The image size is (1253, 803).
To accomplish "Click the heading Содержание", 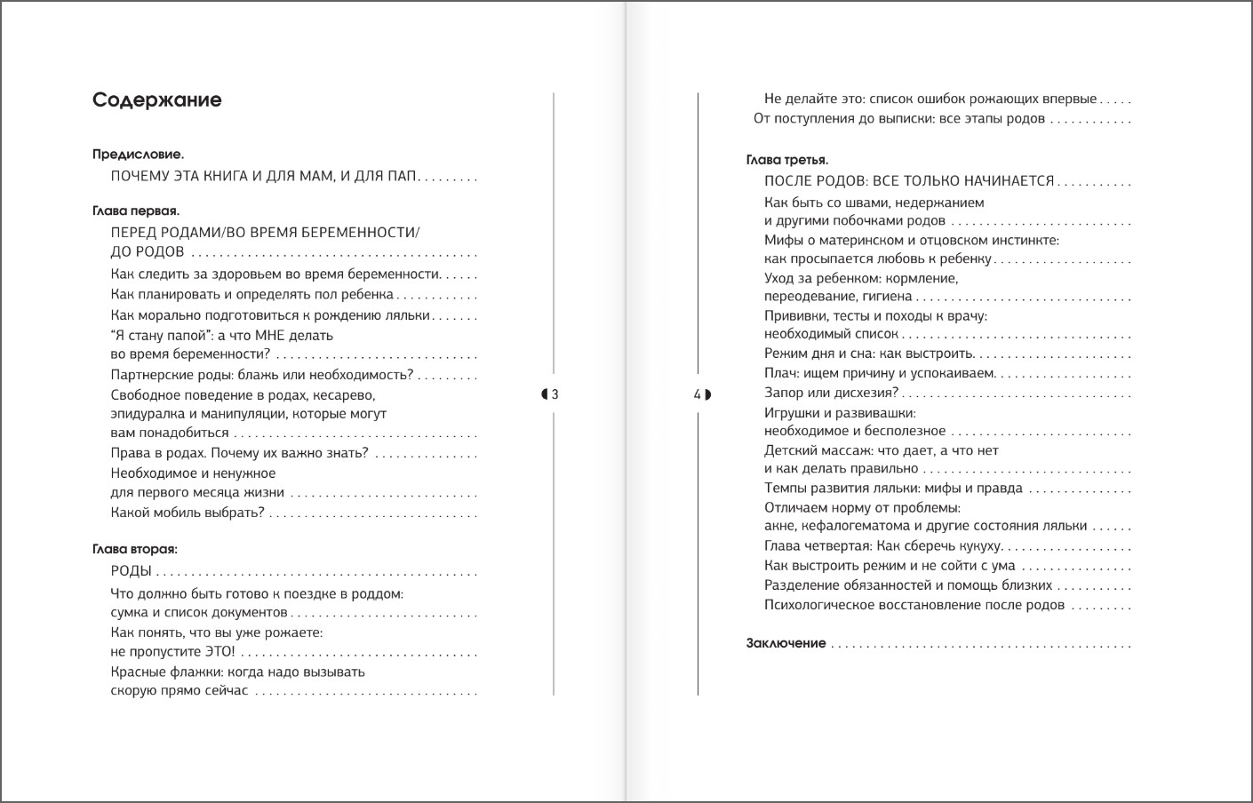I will (156, 100).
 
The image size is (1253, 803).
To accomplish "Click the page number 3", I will (555, 395).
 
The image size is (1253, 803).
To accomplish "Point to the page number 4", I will (698, 395).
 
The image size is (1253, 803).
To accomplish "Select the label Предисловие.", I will (138, 155).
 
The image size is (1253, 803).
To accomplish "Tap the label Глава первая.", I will (136, 211).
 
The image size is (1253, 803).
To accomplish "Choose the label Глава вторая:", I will (135, 550).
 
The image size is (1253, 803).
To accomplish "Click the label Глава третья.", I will (787, 161).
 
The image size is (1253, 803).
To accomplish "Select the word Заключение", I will (786, 644).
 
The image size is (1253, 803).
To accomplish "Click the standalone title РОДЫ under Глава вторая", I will (131, 571).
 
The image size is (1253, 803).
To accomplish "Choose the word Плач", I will (779, 374).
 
